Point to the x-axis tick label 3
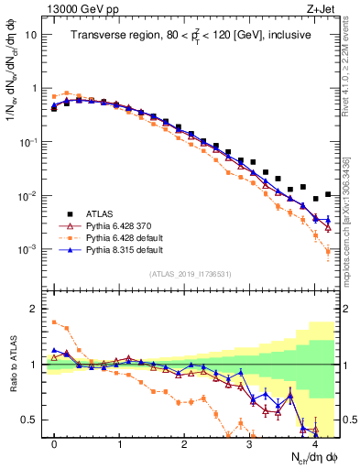tap(249, 442)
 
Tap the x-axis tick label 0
tap(54, 442)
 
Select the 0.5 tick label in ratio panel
tap(29, 420)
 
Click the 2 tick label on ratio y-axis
tap(35, 309)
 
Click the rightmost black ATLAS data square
tap(327, 194)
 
